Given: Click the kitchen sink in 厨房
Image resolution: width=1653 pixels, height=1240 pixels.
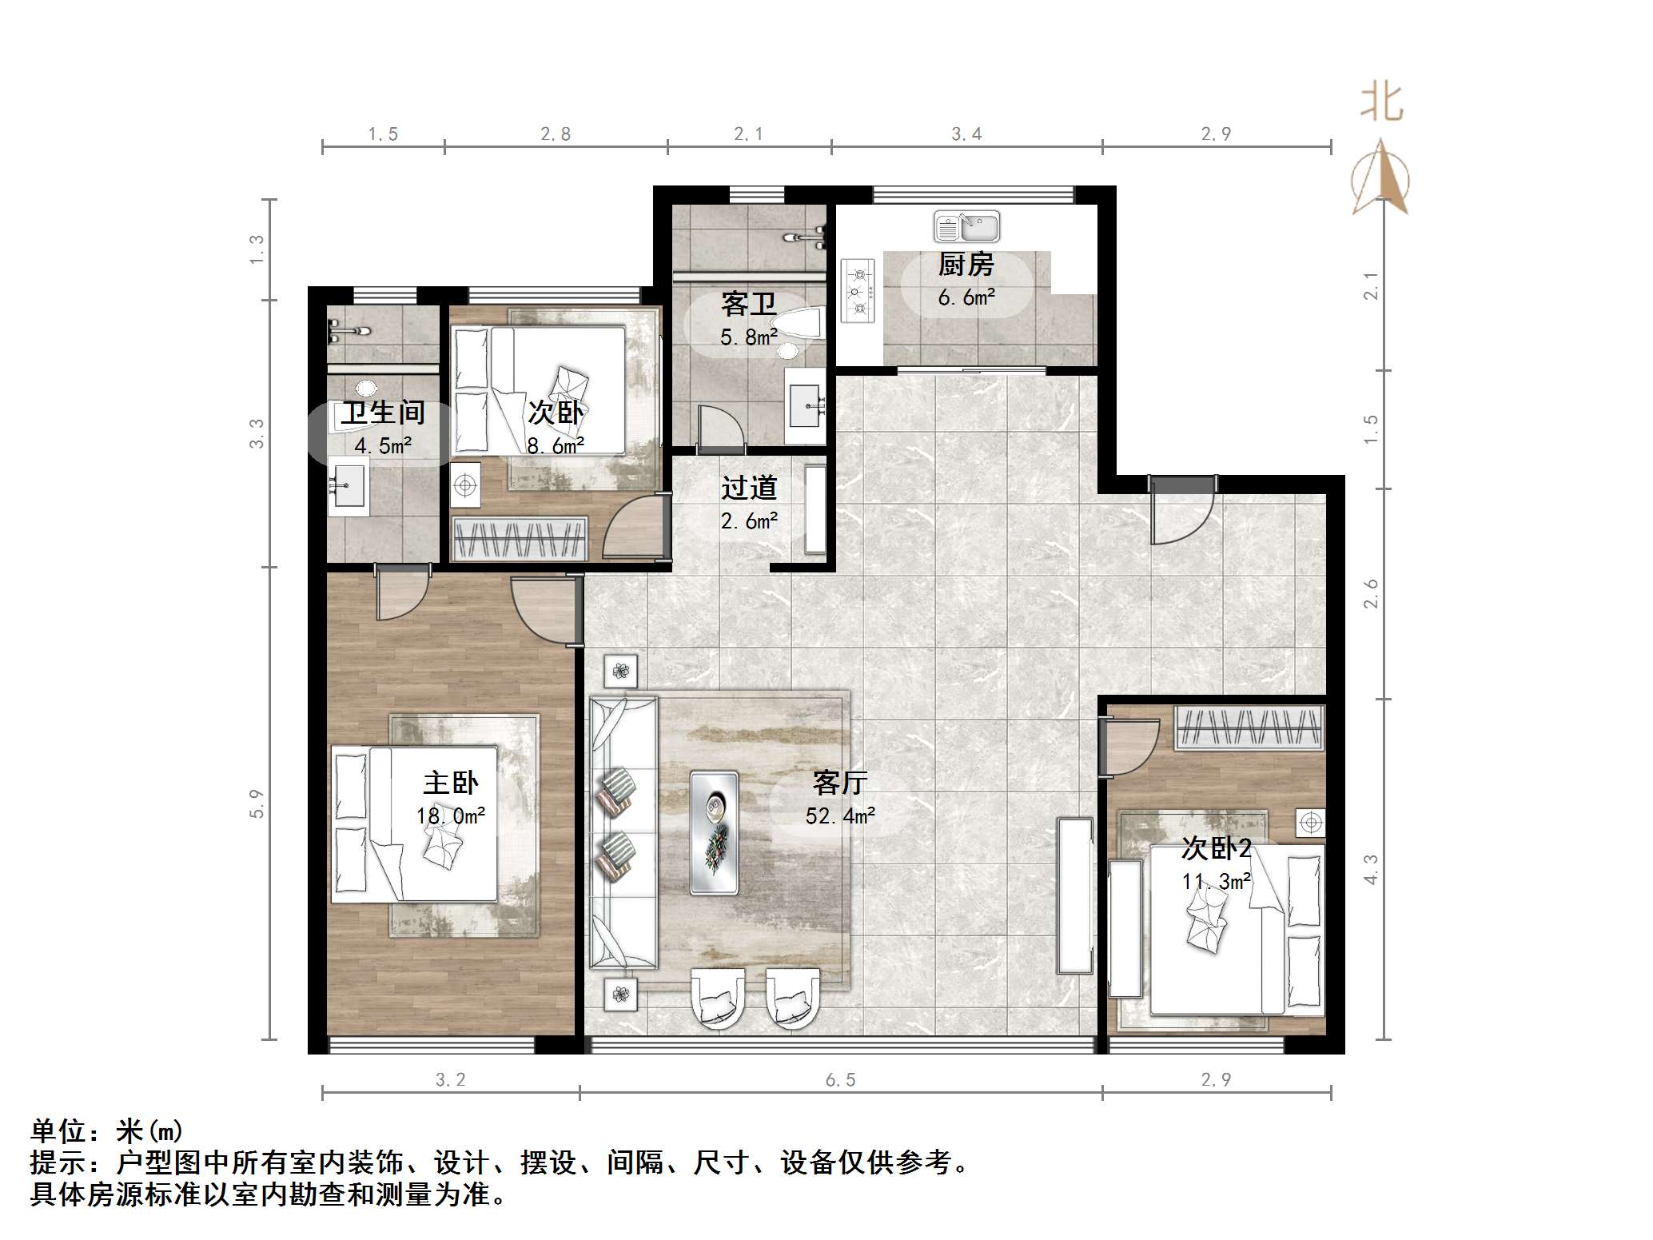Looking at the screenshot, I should click(966, 226).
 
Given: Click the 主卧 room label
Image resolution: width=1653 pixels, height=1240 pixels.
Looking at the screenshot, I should click(451, 783).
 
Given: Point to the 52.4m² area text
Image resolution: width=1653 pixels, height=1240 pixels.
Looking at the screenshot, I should click(840, 816).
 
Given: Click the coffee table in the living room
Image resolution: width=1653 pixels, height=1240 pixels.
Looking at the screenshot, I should click(714, 832).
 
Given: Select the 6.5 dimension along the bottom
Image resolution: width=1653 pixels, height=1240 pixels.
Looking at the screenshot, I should click(840, 1080).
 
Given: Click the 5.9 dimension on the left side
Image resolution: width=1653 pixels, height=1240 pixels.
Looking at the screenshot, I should click(257, 803).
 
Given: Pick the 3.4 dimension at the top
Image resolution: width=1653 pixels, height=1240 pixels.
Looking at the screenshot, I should click(966, 134).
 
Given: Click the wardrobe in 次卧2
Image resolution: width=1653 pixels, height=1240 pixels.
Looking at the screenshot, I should click(1249, 728).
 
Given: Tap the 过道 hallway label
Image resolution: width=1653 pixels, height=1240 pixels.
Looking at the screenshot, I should click(749, 488).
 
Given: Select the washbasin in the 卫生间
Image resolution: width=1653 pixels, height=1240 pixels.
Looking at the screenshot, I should click(349, 485).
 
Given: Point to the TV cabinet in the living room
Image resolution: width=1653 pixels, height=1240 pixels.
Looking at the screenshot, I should click(1074, 895).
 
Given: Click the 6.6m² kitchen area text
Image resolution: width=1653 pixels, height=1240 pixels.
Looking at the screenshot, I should click(966, 298).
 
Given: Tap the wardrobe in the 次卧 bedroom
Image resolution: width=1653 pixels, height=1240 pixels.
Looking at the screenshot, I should click(519, 539).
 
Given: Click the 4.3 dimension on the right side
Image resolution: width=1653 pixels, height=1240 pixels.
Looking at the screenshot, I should click(1371, 870).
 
